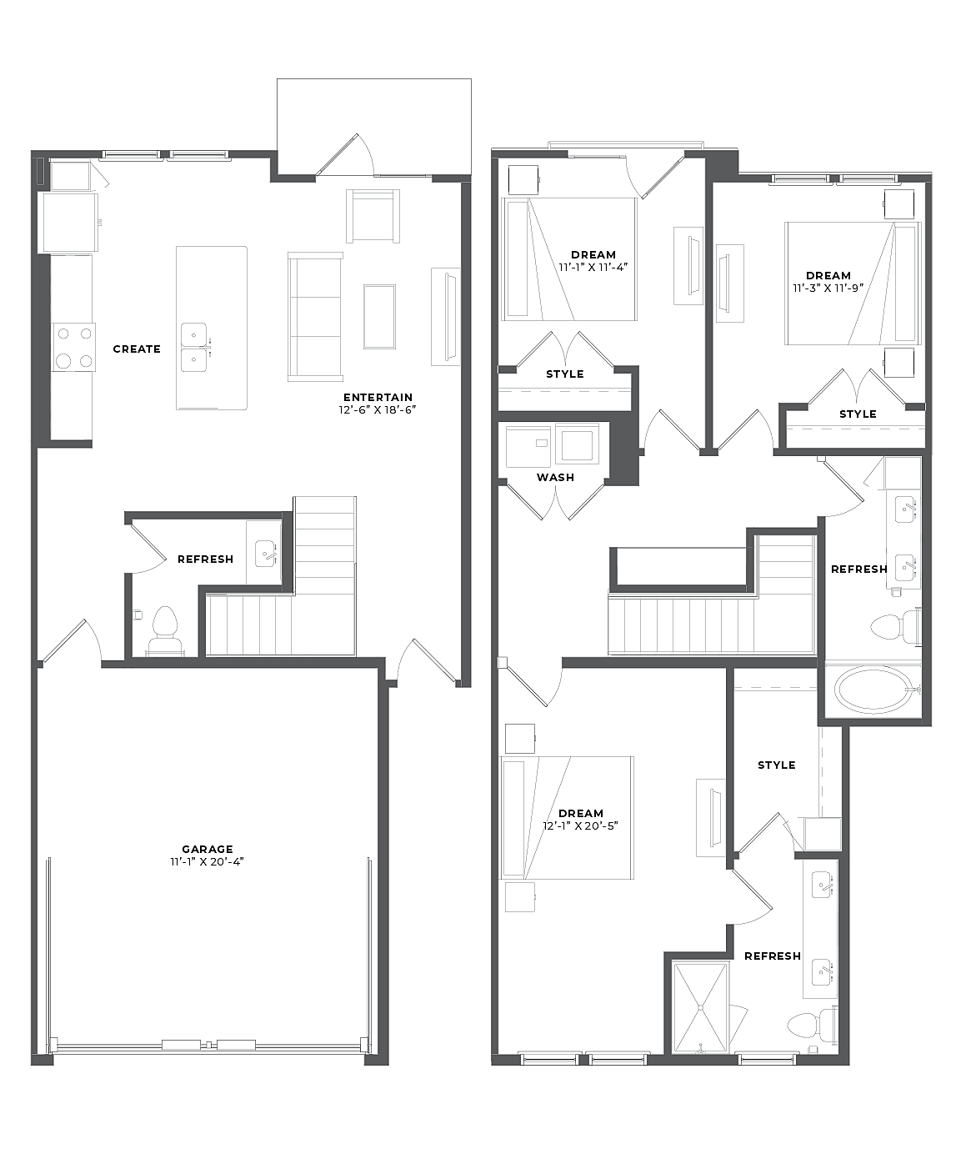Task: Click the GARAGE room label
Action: (x=207, y=849)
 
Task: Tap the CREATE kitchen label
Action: (x=137, y=349)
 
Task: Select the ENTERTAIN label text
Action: (x=378, y=397)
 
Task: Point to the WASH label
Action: (x=555, y=477)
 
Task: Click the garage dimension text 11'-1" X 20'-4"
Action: (x=207, y=861)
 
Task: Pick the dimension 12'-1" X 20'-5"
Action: (x=580, y=825)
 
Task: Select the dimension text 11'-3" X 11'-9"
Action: (x=828, y=288)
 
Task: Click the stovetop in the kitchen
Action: (x=74, y=347)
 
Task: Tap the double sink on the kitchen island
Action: (x=193, y=347)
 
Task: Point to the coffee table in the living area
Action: (x=379, y=316)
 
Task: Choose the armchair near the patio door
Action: (x=373, y=216)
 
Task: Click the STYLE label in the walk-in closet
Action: (x=776, y=765)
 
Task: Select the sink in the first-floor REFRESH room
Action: (x=266, y=554)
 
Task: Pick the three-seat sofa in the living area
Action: (x=315, y=317)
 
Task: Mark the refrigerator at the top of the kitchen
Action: (x=68, y=223)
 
